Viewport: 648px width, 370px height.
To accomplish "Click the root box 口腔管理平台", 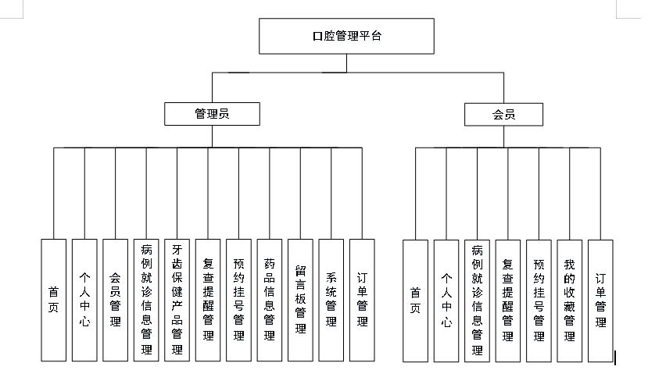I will coord(346,37).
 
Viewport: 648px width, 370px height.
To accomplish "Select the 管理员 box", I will coord(211,114).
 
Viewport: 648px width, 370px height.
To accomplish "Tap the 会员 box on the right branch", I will coord(503,114).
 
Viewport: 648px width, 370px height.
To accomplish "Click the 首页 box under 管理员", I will coord(53,300).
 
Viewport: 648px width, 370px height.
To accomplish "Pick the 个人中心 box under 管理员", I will coord(84,300).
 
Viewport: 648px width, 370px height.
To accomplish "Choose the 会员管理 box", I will coord(115,300).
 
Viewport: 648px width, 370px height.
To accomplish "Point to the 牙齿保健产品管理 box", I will coord(177,300).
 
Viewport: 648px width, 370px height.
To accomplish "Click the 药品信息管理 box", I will coord(270,300).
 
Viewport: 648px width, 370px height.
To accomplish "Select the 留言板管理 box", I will coord(300,300).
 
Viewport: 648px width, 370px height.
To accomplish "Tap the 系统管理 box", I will coord(331,300).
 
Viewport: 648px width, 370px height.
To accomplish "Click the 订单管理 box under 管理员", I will coord(362,300).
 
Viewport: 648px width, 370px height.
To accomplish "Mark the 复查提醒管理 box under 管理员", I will coord(208,300).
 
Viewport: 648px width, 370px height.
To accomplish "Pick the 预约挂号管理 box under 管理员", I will coord(238,300).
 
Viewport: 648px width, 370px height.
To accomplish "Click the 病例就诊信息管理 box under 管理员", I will coord(146,300).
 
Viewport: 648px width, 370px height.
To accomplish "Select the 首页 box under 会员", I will coord(416,301).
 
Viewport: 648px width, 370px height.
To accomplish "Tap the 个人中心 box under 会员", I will coord(446,301).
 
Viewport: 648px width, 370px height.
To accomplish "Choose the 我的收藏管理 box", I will coord(569,301).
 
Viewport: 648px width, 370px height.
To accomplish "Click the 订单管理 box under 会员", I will coord(600,301).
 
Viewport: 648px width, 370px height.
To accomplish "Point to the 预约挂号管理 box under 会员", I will coord(539,301).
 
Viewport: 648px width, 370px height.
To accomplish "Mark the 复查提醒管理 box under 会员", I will coord(508,301).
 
